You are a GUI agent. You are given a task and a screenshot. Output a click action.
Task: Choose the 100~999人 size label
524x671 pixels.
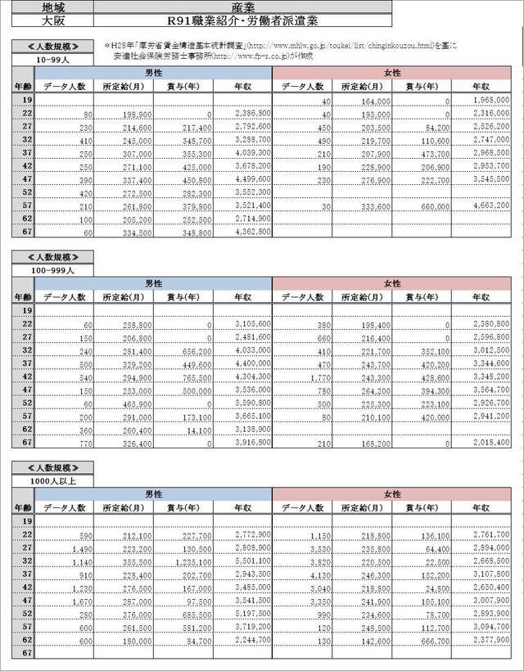pyautogui.click(x=51, y=268)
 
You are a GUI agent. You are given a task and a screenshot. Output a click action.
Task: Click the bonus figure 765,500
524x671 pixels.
pyautogui.click(x=188, y=377)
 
